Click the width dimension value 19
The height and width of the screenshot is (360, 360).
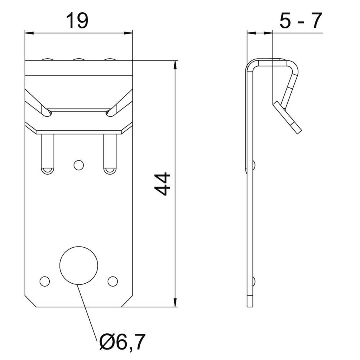(x=77, y=21)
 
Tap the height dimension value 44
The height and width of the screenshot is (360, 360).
(x=162, y=184)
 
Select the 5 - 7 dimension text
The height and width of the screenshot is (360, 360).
(x=301, y=21)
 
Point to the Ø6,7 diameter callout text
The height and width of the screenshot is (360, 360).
(x=122, y=342)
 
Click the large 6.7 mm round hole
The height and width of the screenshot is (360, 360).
(x=78, y=265)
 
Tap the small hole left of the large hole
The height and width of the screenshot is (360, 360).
(x=45, y=281)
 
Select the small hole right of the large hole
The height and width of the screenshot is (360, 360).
(x=113, y=281)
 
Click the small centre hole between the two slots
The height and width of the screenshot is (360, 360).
(x=78, y=165)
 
